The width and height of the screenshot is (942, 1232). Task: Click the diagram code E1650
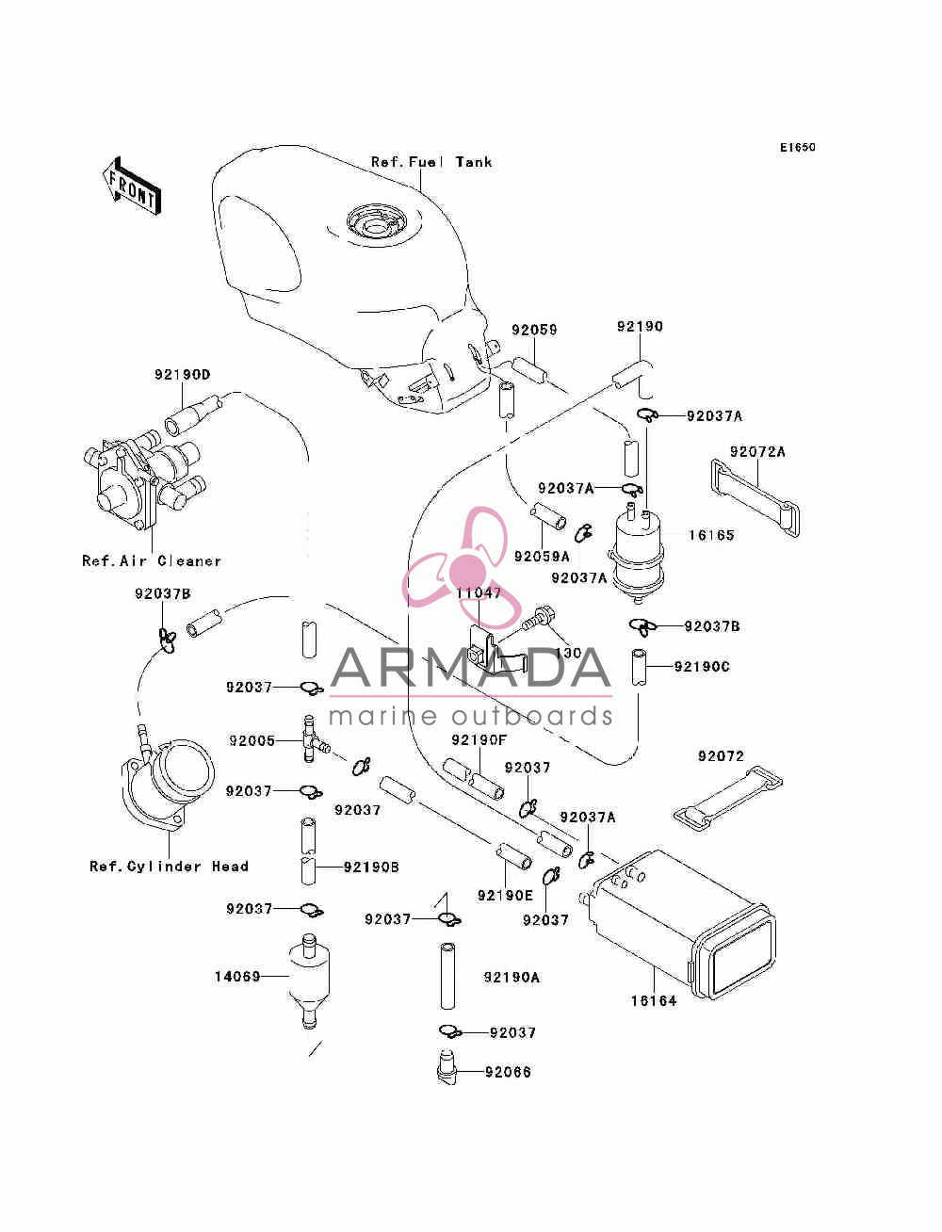click(x=797, y=148)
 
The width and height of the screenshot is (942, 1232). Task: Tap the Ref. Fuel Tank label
click(x=431, y=162)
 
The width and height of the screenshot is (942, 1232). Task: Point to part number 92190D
click(x=183, y=374)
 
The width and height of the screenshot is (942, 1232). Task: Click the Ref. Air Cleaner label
click(x=152, y=560)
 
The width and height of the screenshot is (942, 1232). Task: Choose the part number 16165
click(x=711, y=535)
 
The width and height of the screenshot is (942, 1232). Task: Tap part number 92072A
click(x=757, y=452)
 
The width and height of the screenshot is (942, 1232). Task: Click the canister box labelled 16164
click(x=681, y=924)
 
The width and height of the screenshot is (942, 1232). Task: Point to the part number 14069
click(x=237, y=977)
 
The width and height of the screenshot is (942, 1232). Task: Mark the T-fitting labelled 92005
click(x=314, y=738)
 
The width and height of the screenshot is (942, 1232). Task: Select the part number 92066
click(x=508, y=1072)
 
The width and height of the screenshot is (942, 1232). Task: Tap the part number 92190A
click(x=512, y=977)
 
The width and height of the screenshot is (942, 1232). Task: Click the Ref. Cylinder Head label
click(x=169, y=866)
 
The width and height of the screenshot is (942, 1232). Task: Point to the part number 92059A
click(x=542, y=557)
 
